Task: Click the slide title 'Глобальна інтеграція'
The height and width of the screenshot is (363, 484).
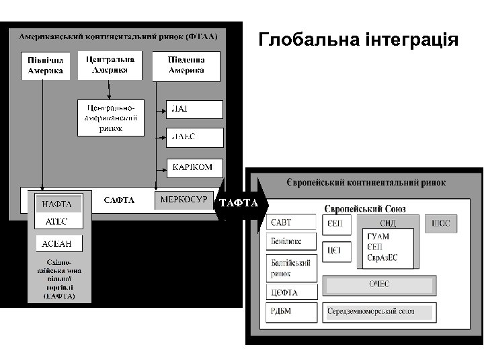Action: click(358, 40)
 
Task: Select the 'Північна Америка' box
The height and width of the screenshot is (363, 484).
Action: click(45, 65)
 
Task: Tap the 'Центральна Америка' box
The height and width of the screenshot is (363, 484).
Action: click(110, 65)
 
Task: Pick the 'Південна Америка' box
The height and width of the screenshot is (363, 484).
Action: click(187, 65)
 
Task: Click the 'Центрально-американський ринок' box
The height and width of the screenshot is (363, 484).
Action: click(110, 118)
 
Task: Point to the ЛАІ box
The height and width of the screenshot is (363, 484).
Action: click(194, 110)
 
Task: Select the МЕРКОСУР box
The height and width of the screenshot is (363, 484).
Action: click(184, 200)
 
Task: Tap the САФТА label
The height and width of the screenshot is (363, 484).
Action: click(119, 200)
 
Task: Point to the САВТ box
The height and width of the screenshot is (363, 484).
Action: click(291, 223)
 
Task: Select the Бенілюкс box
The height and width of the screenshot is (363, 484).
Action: click(291, 241)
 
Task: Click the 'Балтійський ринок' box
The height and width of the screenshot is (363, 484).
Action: click(291, 268)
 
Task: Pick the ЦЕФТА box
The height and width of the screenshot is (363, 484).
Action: click(291, 292)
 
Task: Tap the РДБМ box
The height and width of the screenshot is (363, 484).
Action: click(291, 312)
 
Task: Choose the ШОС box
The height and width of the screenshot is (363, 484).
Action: click(440, 224)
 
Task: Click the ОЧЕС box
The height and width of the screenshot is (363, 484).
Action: click(379, 285)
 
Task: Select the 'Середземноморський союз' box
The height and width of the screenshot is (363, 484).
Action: click(379, 312)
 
